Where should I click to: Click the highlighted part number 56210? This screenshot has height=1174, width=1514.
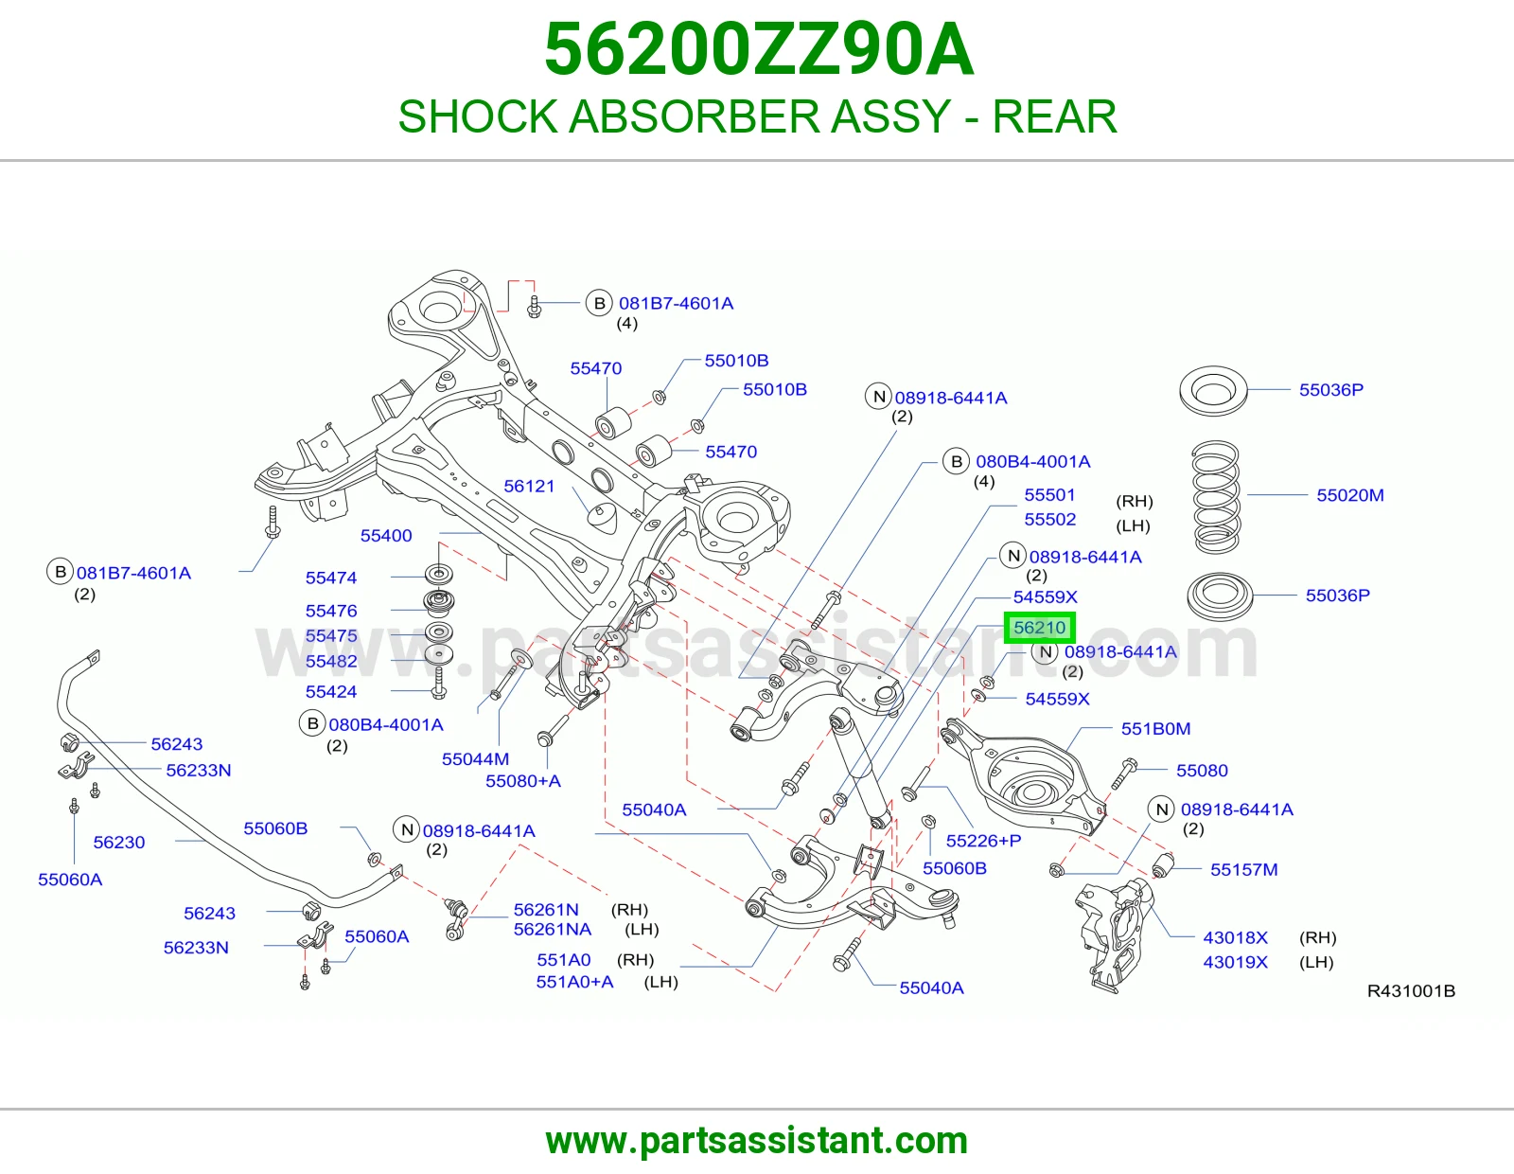(1039, 628)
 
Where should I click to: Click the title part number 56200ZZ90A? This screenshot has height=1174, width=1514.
(758, 49)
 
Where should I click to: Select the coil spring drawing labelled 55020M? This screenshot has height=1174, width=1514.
(1216, 496)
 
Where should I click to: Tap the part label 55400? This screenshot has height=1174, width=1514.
(386, 536)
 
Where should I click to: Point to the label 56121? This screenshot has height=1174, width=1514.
(529, 486)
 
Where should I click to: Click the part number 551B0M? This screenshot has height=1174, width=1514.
(1155, 728)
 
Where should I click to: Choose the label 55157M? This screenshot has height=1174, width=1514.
(1243, 869)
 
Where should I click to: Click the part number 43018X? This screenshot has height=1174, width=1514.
(1235, 937)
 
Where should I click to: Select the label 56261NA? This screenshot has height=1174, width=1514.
(553, 930)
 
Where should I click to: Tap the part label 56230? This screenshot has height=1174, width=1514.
(119, 843)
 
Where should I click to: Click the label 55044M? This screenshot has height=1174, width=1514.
(475, 759)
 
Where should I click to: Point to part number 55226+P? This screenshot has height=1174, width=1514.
(983, 841)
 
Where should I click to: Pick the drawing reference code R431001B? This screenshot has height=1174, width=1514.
(1411, 990)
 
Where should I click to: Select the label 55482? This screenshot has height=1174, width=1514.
(331, 661)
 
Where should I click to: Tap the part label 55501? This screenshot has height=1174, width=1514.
(1050, 495)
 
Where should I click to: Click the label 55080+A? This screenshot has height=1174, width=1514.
(523, 781)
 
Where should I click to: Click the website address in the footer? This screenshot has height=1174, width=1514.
(757, 1141)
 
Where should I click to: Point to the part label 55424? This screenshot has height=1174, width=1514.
(331, 691)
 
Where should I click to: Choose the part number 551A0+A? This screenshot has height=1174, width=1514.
(574, 982)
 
